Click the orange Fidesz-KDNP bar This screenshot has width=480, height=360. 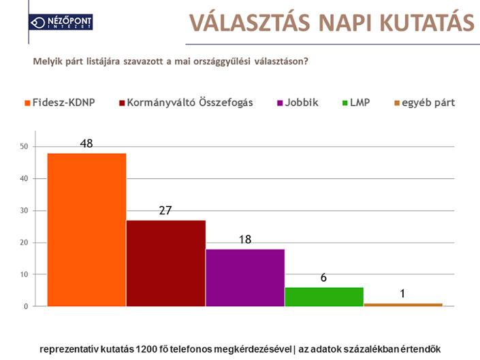[86, 230]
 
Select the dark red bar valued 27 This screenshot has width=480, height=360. [166, 263]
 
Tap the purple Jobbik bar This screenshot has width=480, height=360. [245, 278]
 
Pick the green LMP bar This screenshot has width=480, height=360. [324, 297]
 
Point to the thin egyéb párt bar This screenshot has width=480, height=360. [403, 305]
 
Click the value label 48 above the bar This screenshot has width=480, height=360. [86, 143]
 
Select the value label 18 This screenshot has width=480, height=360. [245, 239]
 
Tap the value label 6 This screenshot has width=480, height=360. [323, 278]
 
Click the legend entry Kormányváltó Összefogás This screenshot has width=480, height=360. [186, 103]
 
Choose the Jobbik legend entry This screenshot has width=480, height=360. [298, 103]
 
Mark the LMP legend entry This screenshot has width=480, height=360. [356, 103]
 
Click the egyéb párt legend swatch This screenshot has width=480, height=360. [397, 103]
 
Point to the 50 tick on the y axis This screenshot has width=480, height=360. [24, 146]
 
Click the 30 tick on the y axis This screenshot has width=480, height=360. [24, 211]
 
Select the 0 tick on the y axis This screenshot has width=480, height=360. [26, 306]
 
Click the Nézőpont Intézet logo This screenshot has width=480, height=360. [61, 22]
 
